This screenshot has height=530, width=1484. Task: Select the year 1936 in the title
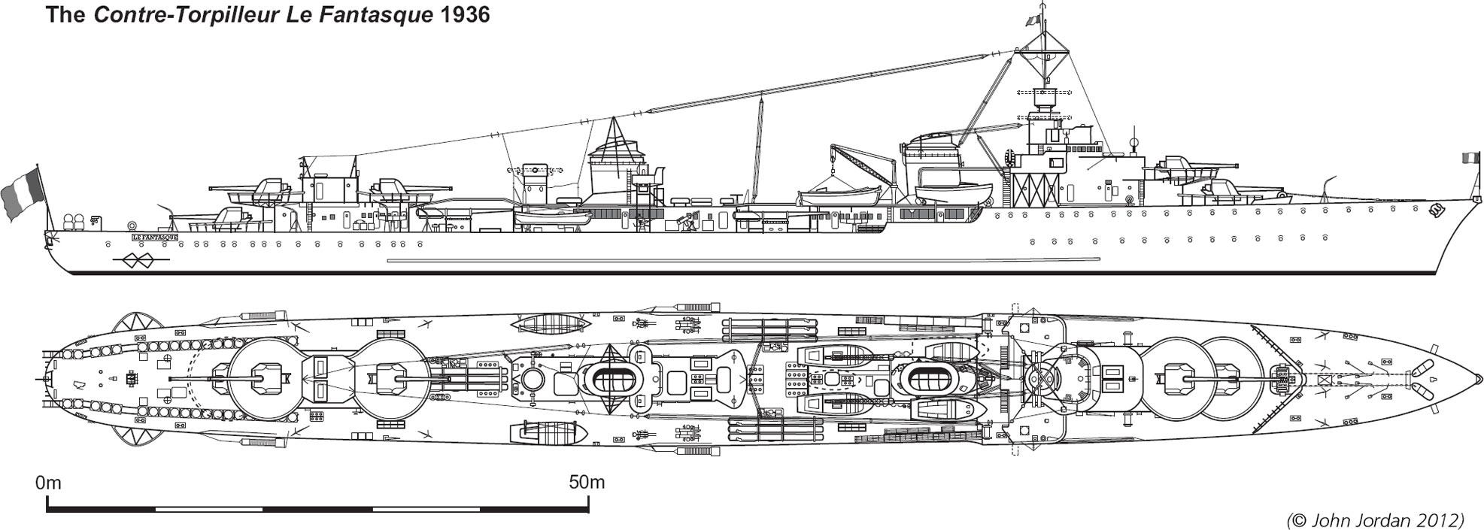click(x=463, y=14)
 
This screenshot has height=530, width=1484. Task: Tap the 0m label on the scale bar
click(x=47, y=483)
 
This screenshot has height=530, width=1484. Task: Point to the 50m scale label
click(x=586, y=483)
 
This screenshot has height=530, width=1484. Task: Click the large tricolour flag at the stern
click(x=22, y=193)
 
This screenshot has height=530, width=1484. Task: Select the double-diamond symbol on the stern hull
click(x=139, y=261)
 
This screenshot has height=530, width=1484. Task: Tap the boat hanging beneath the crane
click(x=840, y=196)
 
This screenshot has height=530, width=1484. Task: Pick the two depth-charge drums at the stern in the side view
click(x=73, y=223)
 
